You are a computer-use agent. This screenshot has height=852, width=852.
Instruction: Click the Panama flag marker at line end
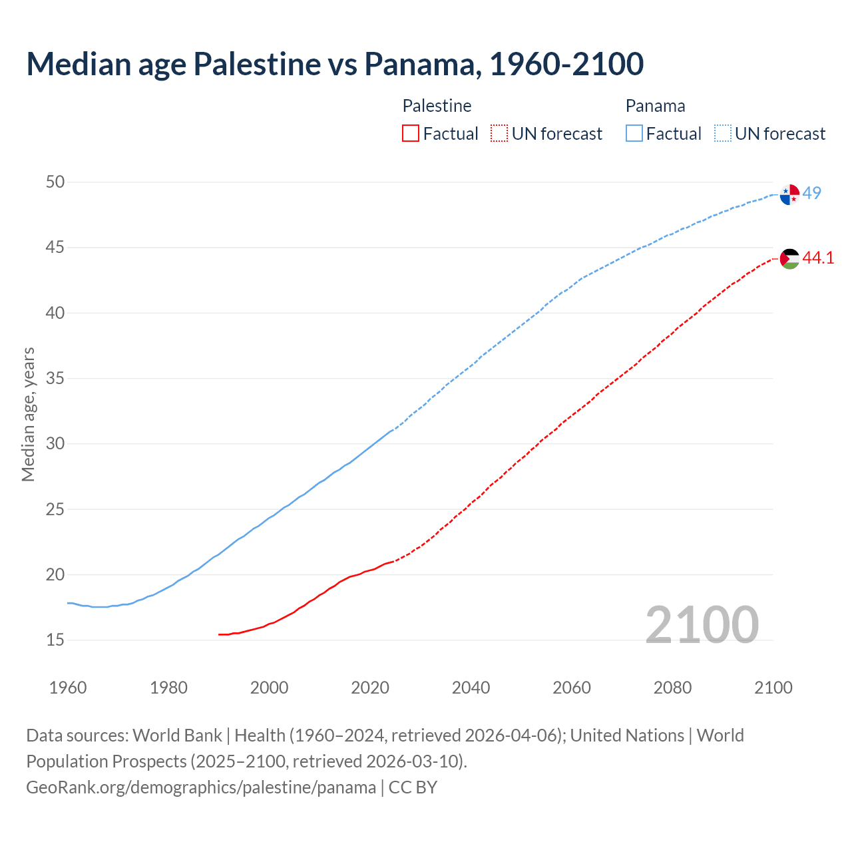point(789,195)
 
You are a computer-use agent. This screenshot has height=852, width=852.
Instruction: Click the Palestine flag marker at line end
point(789,258)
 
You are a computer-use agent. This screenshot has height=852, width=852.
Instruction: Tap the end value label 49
point(811,193)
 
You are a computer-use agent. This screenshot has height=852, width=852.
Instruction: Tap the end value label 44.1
point(818,258)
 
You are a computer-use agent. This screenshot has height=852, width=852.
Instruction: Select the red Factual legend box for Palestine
point(411,134)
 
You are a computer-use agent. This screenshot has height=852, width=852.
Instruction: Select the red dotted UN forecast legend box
point(499,134)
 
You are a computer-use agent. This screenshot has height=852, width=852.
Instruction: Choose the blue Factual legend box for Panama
point(634,134)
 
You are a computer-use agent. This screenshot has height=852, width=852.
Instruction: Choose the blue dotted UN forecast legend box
point(723,134)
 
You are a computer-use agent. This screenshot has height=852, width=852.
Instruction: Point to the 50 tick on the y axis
point(55,182)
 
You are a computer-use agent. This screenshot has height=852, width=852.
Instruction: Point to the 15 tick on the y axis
point(55,640)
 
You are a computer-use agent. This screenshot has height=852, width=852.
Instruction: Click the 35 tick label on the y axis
point(55,378)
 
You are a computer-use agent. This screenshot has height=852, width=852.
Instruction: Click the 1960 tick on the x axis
point(68,688)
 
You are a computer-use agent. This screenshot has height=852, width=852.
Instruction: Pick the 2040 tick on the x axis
point(471,688)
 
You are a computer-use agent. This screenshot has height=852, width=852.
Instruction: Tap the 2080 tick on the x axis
point(672,688)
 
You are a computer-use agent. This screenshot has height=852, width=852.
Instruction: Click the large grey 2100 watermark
point(702,624)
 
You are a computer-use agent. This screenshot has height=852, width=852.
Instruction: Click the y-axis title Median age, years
point(28,414)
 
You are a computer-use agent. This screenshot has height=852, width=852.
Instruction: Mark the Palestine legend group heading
point(437,106)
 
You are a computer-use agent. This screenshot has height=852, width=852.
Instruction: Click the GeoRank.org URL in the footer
point(201,787)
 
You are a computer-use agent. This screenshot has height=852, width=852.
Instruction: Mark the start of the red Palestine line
point(219,634)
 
